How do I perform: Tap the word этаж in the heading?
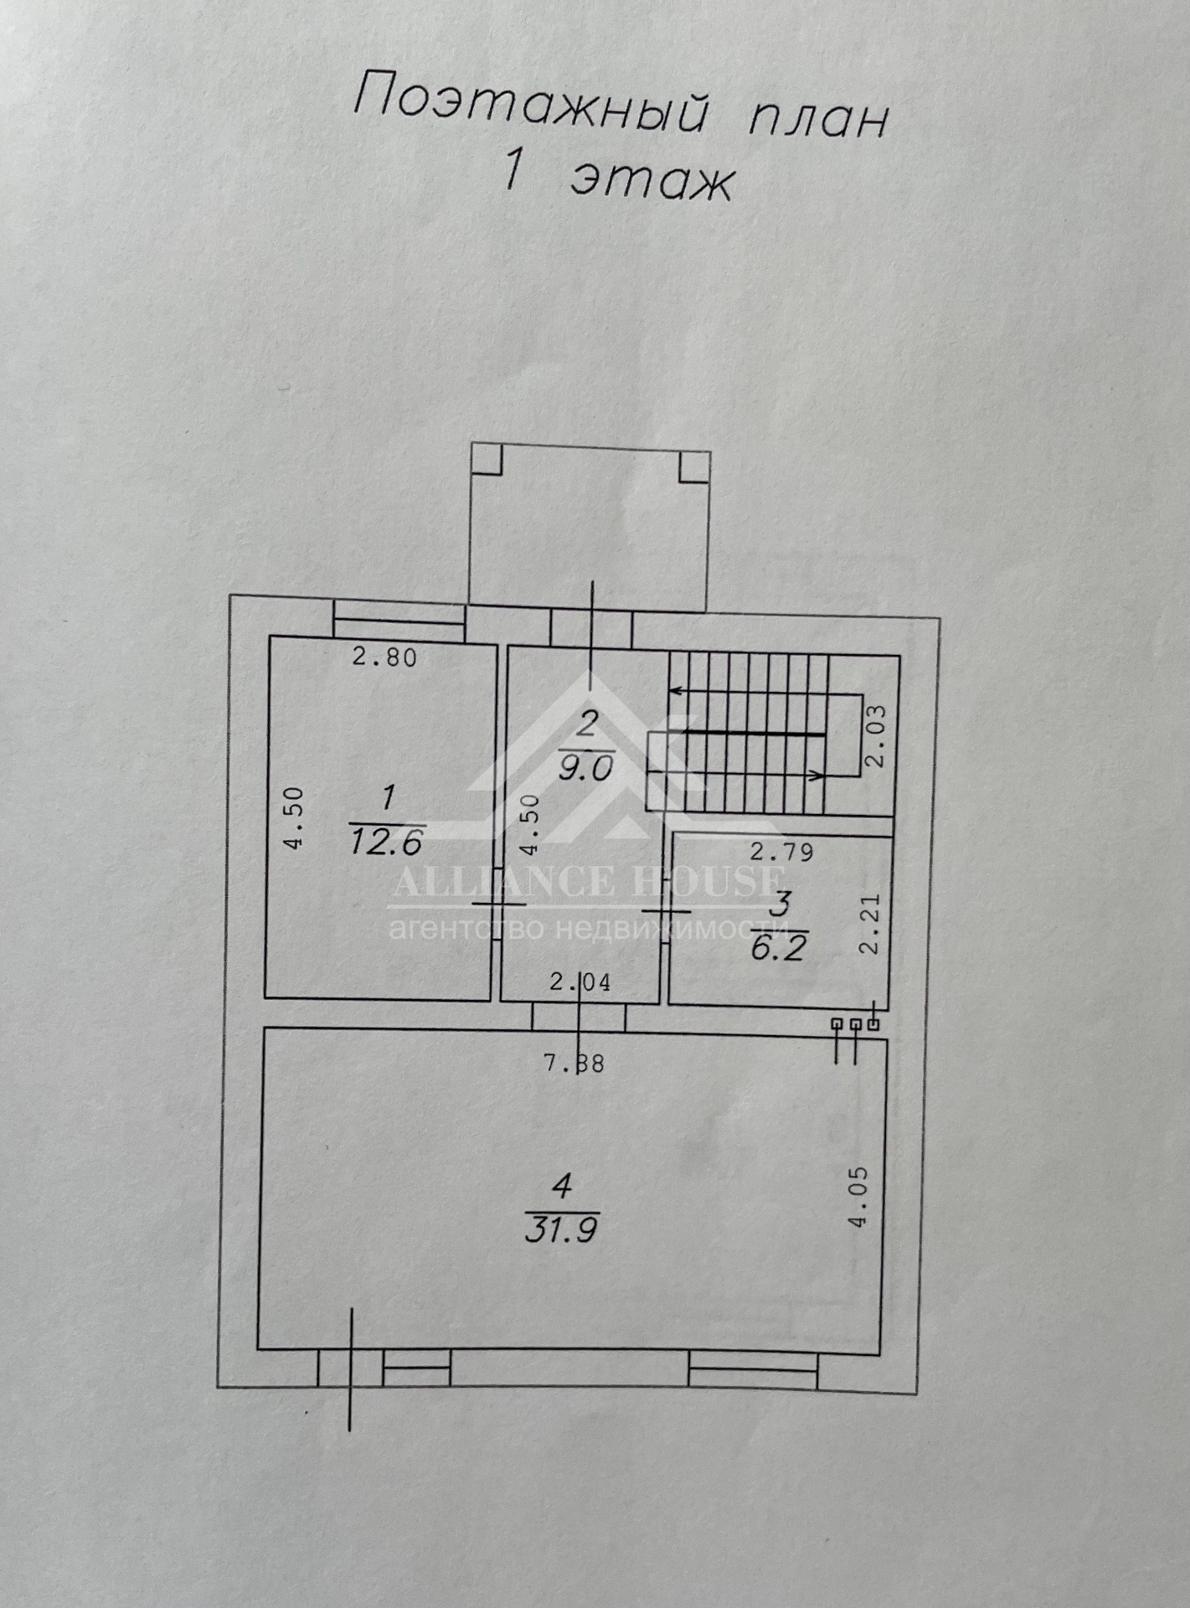(651, 178)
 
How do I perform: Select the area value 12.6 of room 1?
(386, 841)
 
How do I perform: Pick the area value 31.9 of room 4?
(561, 1230)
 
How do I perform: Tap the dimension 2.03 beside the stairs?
(875, 737)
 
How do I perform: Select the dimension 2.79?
(781, 853)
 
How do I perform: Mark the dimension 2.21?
(871, 924)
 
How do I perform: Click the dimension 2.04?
(580, 982)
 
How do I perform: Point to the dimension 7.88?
(574, 1064)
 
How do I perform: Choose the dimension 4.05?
(860, 1197)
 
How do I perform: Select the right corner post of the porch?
(694, 466)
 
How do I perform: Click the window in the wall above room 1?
(399, 626)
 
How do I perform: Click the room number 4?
(563, 1186)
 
